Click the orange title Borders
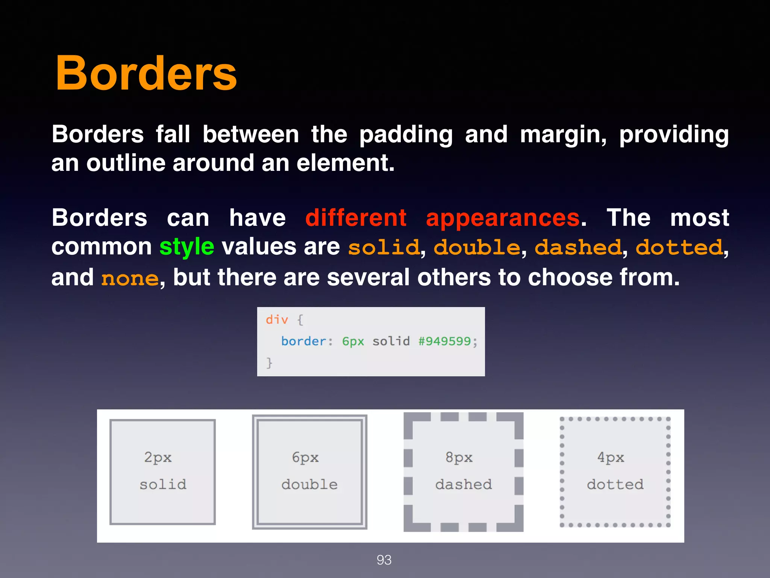(146, 73)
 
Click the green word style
(186, 247)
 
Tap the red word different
(356, 218)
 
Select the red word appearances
(503, 218)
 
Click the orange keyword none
(130, 279)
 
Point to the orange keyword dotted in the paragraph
(679, 247)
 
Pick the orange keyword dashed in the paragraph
(578, 247)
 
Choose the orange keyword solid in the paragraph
(384, 247)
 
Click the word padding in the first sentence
(406, 135)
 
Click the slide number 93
(384, 560)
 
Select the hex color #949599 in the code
(444, 341)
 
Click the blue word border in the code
(304, 341)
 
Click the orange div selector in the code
(277, 320)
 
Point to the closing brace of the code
(269, 363)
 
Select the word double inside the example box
(309, 484)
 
